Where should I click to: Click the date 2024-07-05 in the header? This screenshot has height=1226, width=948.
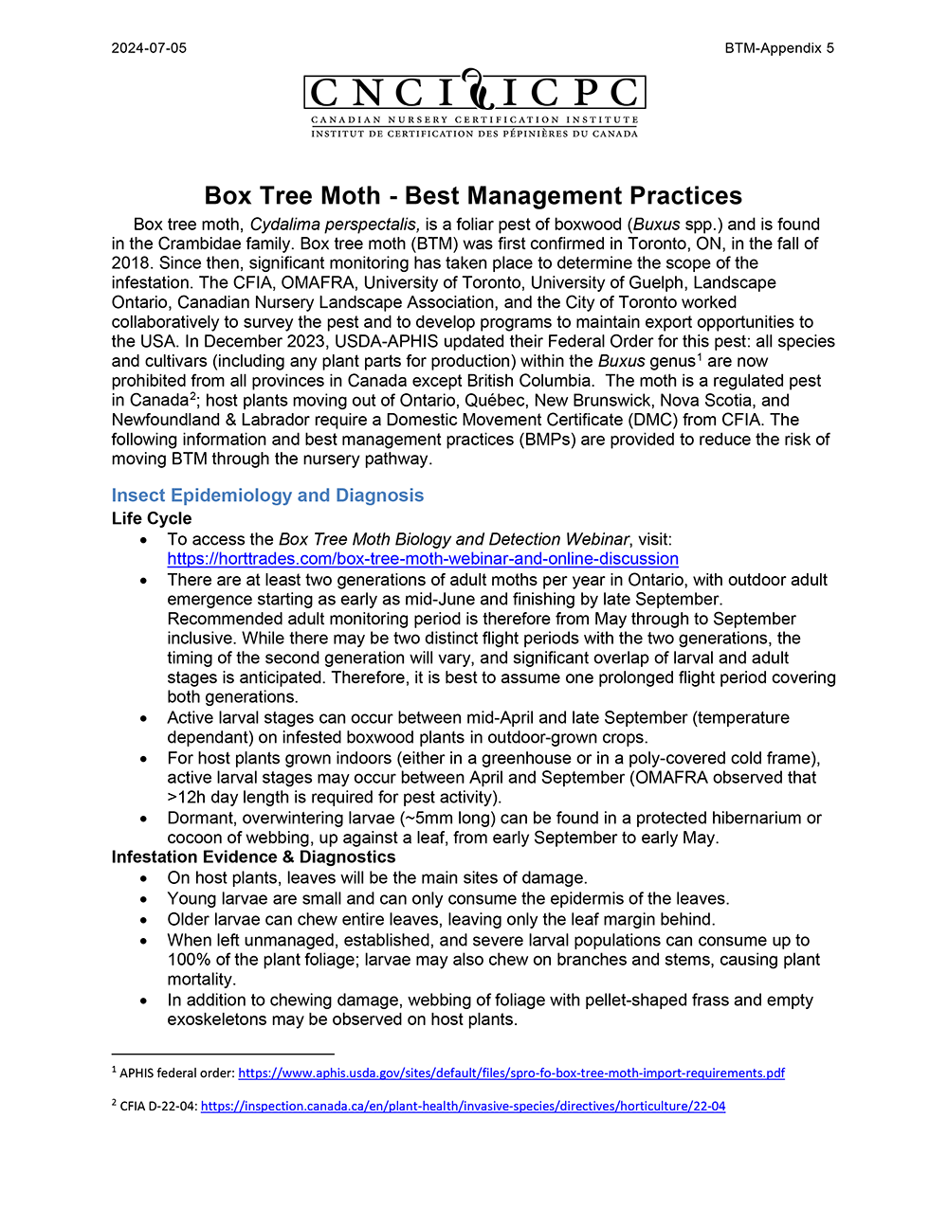(x=149, y=48)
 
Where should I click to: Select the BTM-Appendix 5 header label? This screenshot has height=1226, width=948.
(x=779, y=48)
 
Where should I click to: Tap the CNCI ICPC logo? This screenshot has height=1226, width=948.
(x=475, y=104)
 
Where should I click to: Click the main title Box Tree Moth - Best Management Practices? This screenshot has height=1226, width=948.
(x=473, y=196)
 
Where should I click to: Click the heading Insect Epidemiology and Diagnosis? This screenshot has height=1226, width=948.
(x=267, y=496)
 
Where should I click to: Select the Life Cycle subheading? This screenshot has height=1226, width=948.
(x=152, y=518)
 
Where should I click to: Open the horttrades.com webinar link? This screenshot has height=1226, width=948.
(x=423, y=559)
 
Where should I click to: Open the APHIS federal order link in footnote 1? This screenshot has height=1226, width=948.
(x=511, y=1073)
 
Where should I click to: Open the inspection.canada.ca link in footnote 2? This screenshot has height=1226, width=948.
(x=463, y=1106)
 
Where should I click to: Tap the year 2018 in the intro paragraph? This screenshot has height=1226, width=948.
(x=131, y=263)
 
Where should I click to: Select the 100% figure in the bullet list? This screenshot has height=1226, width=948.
(x=187, y=960)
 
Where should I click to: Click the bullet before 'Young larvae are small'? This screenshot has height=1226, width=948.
(x=144, y=899)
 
